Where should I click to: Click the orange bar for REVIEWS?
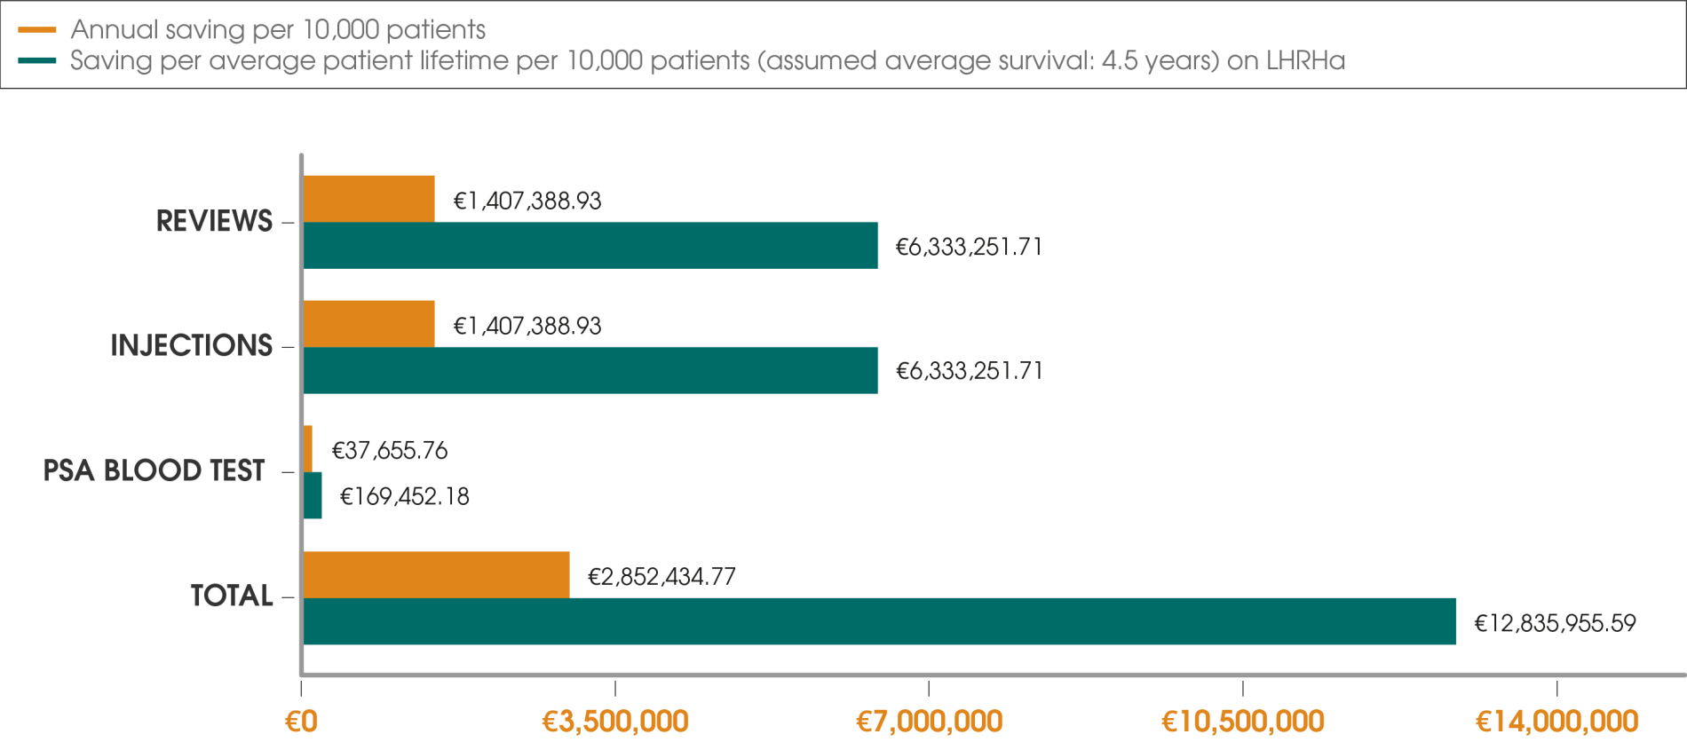click(369, 198)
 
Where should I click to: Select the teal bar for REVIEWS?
click(590, 245)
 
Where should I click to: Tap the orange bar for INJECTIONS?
click(369, 323)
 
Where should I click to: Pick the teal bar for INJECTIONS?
click(590, 370)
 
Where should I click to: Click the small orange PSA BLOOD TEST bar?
click(308, 448)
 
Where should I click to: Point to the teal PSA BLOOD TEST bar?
click(313, 495)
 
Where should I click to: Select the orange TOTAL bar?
click(437, 573)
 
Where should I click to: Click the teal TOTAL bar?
click(879, 621)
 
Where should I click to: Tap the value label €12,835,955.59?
click(1555, 623)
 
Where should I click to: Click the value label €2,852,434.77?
click(661, 577)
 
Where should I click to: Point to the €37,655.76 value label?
click(389, 451)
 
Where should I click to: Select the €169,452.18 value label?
click(405, 496)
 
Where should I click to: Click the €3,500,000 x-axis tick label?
click(615, 722)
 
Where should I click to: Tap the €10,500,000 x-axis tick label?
click(1243, 722)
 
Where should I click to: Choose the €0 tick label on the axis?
click(301, 722)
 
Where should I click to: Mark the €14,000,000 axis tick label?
click(1556, 722)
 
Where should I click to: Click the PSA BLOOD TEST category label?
click(154, 470)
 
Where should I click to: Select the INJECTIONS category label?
click(192, 345)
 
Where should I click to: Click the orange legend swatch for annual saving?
click(37, 30)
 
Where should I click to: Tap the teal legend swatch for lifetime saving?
click(37, 60)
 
